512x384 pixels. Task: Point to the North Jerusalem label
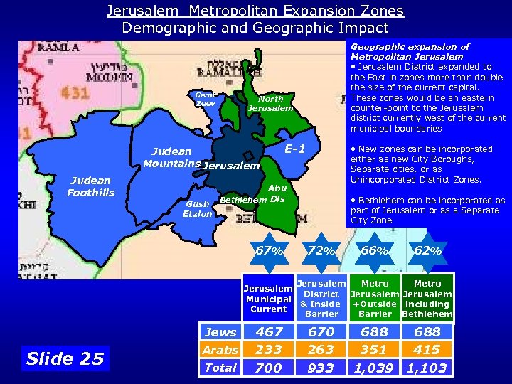coord(270,103)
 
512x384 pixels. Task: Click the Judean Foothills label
coord(90,186)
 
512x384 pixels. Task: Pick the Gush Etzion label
coord(197,208)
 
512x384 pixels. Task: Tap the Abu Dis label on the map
coord(277,193)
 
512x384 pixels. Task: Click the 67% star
coord(270,251)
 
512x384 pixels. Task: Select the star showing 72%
coord(321,251)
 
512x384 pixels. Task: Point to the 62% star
coord(427,251)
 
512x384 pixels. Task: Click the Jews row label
coord(220,331)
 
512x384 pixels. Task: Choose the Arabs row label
coord(220,350)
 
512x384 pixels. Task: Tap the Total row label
coord(220,368)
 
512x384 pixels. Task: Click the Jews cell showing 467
coord(269,331)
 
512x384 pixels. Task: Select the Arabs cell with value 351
coord(374,350)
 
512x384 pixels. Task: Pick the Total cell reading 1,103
coord(427,368)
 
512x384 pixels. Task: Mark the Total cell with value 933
coord(321,368)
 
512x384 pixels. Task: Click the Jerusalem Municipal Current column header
coord(268,299)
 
